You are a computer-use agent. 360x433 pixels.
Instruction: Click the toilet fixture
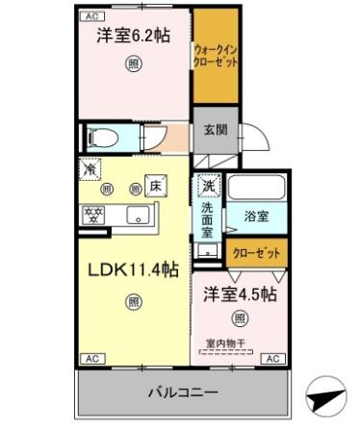click(x=100, y=137)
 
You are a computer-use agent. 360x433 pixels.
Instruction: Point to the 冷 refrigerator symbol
click(x=89, y=169)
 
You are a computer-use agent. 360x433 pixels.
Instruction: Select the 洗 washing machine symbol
click(x=207, y=184)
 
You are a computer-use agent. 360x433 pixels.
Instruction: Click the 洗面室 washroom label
click(x=207, y=218)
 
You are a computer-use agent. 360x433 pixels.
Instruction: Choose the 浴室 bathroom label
click(x=256, y=217)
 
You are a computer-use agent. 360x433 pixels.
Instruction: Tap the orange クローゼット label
click(x=257, y=253)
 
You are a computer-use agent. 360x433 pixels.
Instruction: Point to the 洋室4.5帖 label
click(x=241, y=293)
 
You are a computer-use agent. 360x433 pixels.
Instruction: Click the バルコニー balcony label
click(x=181, y=393)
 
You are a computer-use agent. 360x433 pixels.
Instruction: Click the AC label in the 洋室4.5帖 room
click(x=271, y=359)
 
